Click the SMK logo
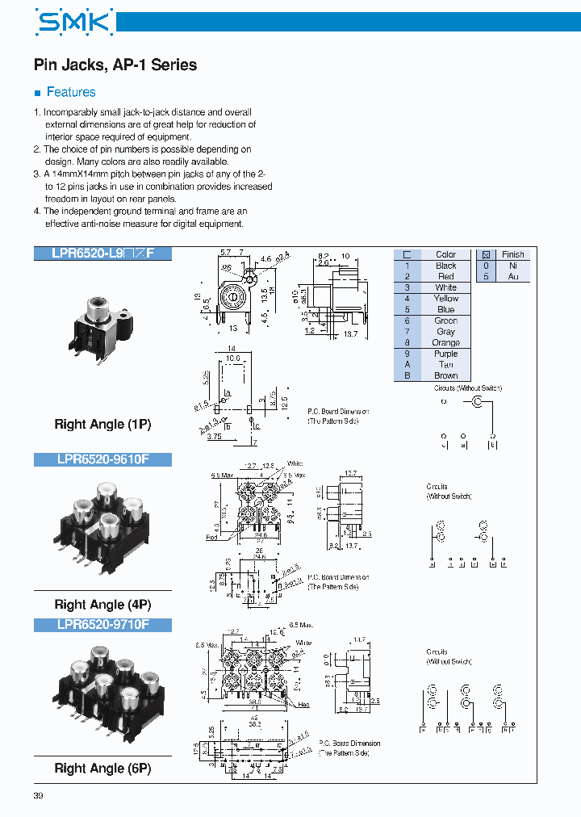point(73,23)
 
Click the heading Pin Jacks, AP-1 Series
point(115,65)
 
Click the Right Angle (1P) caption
point(102,424)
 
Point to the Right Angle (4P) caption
point(102,605)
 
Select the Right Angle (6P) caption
point(102,769)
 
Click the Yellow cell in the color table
point(445,299)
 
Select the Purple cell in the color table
point(445,354)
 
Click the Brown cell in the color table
point(445,375)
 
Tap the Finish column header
point(512,254)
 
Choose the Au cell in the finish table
point(512,276)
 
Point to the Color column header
point(445,254)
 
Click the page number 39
point(38,797)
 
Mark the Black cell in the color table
point(445,266)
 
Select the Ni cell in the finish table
point(512,266)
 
